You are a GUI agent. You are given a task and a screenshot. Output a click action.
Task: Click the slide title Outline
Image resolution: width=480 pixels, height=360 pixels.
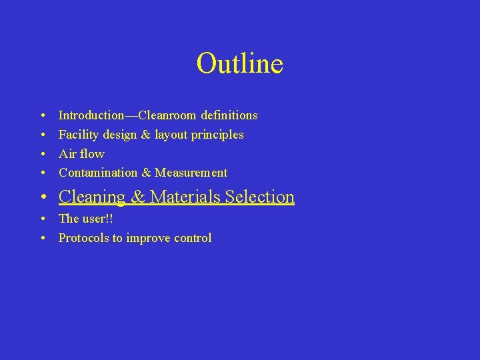(239, 63)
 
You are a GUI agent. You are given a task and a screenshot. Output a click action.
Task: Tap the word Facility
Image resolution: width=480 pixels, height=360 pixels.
(77, 135)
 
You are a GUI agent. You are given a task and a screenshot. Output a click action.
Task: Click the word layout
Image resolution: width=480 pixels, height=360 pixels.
(171, 135)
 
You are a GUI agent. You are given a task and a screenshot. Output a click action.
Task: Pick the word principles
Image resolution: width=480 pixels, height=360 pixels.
(217, 135)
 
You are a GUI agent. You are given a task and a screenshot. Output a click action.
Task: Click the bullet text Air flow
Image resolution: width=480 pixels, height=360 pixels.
(81, 154)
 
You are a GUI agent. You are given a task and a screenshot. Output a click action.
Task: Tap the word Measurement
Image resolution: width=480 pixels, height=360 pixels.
(191, 173)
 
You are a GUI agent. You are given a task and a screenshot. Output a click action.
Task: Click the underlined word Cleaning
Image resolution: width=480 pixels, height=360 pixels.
(92, 197)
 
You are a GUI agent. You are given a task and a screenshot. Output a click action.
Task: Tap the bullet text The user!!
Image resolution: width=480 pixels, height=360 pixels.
(85, 219)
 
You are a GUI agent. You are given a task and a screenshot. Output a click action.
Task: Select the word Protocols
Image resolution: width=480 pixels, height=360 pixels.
(84, 238)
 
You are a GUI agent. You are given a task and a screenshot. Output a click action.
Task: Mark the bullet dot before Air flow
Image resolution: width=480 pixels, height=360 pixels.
(42, 154)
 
